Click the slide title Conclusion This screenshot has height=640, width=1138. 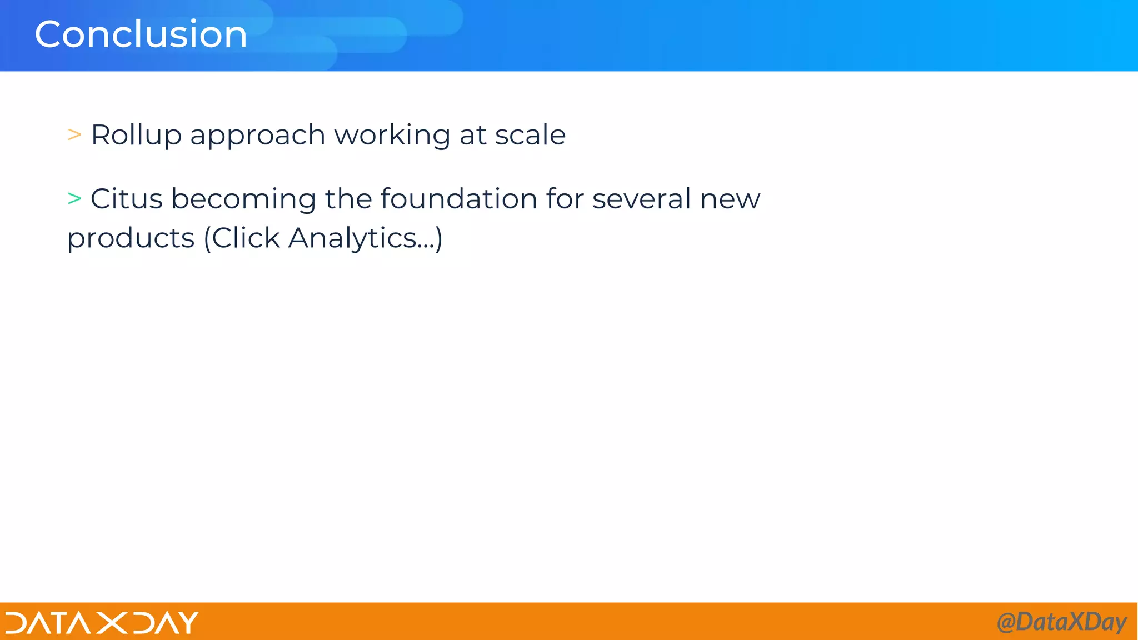141,34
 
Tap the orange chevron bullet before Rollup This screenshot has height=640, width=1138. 74,134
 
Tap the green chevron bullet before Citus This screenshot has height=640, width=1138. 74,198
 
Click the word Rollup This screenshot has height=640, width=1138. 136,135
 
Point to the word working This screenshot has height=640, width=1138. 392,136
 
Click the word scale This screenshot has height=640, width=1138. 530,135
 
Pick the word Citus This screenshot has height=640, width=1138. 127,199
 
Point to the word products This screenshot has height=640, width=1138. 131,239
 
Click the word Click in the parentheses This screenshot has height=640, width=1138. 246,238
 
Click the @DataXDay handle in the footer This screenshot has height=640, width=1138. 1061,622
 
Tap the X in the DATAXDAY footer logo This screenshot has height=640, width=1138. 112,622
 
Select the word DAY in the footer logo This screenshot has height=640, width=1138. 166,622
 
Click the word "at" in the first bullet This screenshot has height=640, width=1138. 472,135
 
